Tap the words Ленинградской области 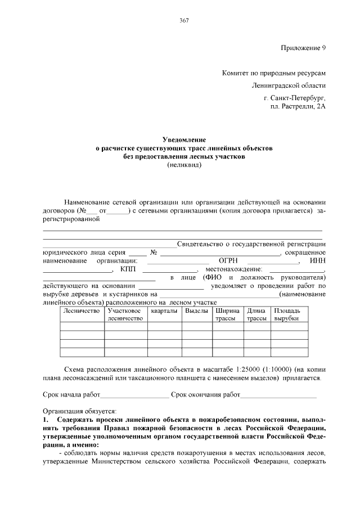click(x=289, y=85)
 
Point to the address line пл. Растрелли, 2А click(x=298, y=106)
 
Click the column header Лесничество click(x=82, y=310)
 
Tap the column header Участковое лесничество click(x=124, y=314)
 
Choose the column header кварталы click(x=164, y=310)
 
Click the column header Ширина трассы click(x=227, y=314)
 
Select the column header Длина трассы click(x=256, y=314)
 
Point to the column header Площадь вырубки click(x=287, y=314)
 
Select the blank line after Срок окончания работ click(x=278, y=395)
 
